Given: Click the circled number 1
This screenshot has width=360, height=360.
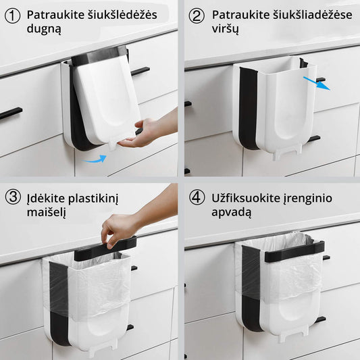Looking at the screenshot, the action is pos(12,16).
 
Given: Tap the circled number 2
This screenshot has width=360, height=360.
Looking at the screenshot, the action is pos(197,16).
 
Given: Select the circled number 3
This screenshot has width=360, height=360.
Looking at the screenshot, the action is pos(13,197).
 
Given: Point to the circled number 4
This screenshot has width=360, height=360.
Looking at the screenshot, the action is pos(197,198).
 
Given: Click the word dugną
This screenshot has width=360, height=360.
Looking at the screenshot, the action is pos(44,29).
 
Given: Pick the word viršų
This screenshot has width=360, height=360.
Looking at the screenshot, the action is pos(225,29).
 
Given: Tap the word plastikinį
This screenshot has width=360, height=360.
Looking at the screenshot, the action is pos(93,199).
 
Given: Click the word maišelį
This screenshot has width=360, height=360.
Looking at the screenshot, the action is pos(47,212).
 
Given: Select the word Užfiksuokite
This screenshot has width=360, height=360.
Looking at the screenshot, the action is pos(246,198).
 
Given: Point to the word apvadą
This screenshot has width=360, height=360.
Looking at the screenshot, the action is pos(232,212).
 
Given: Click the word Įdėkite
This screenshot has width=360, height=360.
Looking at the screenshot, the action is pos(46,199).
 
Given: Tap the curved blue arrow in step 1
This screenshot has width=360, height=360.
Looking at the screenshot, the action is pos(94,159).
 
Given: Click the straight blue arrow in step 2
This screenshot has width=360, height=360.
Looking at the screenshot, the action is pos(317,84).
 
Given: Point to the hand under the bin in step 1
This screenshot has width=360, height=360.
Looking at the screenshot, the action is pos(144,132).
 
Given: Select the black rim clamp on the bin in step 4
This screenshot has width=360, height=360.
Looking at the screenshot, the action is pos(294,251).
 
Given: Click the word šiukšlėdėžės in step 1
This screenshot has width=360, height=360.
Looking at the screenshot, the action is pos(122,15).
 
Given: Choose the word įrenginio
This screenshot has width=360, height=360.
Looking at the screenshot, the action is pos(307,199).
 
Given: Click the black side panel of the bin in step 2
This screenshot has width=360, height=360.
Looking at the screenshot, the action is pos(249,109).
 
